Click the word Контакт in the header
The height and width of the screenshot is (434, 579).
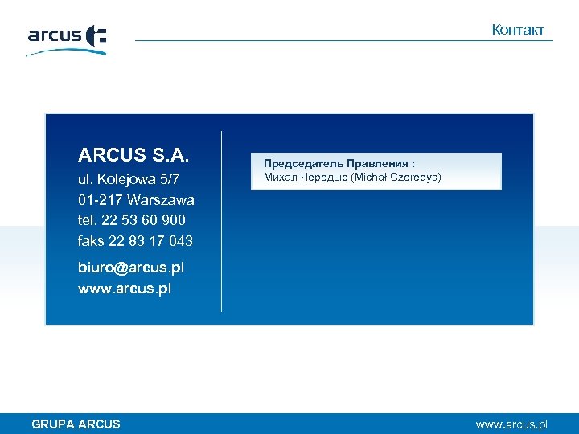[x=518, y=30]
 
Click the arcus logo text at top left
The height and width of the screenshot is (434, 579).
[x=55, y=35]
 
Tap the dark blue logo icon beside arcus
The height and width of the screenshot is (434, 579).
[x=96, y=36]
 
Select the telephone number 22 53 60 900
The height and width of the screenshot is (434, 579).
[x=142, y=220]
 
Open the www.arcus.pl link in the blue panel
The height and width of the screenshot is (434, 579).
[x=125, y=288]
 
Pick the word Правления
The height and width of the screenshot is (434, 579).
[x=379, y=163]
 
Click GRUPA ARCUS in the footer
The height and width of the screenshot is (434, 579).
[x=76, y=424]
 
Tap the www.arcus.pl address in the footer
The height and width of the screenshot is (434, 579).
[x=511, y=424]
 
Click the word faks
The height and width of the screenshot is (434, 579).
[x=92, y=241]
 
